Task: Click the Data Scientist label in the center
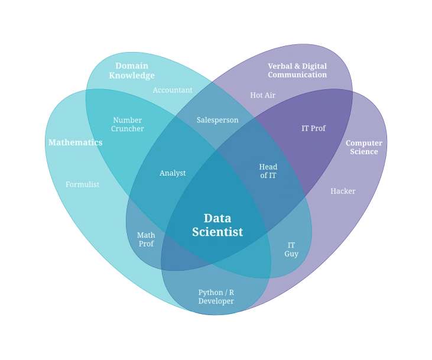point(217,225)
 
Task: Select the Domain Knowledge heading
point(132,70)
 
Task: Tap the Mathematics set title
point(75,142)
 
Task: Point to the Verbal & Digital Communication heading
point(297,70)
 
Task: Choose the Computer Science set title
point(364,147)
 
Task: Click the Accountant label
point(173,90)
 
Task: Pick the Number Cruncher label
point(128,124)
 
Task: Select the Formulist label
point(82,184)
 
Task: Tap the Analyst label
point(173,173)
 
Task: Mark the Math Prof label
point(146,239)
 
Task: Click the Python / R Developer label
point(216,297)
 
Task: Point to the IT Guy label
point(291,249)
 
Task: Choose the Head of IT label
point(268,171)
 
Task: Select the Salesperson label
point(217,120)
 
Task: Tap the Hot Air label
point(262,95)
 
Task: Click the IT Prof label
point(313,128)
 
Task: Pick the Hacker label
point(343,191)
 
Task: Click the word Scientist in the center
point(217,232)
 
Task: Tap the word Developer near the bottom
point(216,301)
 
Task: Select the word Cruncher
point(128,129)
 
